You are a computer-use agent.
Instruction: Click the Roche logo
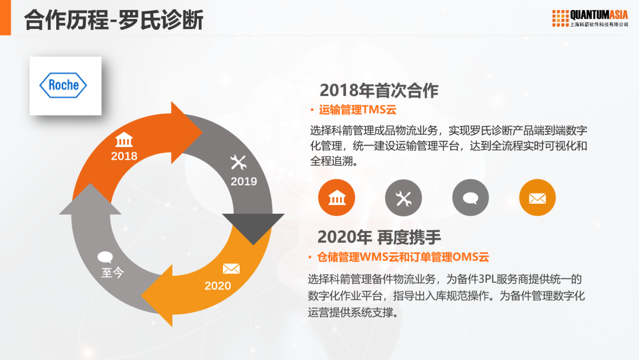pyautogui.click(x=63, y=85)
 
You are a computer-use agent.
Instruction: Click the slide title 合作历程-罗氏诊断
pyautogui.click(x=114, y=20)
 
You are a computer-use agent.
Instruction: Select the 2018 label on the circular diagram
pyautogui.click(x=124, y=156)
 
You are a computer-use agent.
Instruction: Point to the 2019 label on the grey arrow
pyautogui.click(x=244, y=181)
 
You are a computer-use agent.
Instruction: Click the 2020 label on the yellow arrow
pyautogui.click(x=218, y=286)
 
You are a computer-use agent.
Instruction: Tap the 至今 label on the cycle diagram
pyautogui.click(x=112, y=273)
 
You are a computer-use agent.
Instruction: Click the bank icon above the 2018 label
pyautogui.click(x=124, y=141)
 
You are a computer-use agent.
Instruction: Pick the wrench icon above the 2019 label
pyautogui.click(x=238, y=162)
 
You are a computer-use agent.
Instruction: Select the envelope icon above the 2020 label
pyautogui.click(x=231, y=269)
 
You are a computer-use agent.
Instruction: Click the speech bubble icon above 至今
pyautogui.click(x=105, y=257)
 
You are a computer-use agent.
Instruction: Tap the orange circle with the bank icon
pyautogui.click(x=337, y=198)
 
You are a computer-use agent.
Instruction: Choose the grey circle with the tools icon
pyautogui.click(x=404, y=198)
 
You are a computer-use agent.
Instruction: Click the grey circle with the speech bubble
pyautogui.click(x=470, y=198)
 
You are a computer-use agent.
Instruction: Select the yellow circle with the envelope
pyautogui.click(x=537, y=198)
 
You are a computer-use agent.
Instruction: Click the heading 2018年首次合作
pyautogui.click(x=379, y=90)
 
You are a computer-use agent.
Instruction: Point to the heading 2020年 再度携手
pyautogui.click(x=379, y=237)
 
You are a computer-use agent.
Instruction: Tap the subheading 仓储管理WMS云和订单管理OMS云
pyautogui.click(x=403, y=257)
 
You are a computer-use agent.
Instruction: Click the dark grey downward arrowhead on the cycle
pyautogui.click(x=253, y=227)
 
